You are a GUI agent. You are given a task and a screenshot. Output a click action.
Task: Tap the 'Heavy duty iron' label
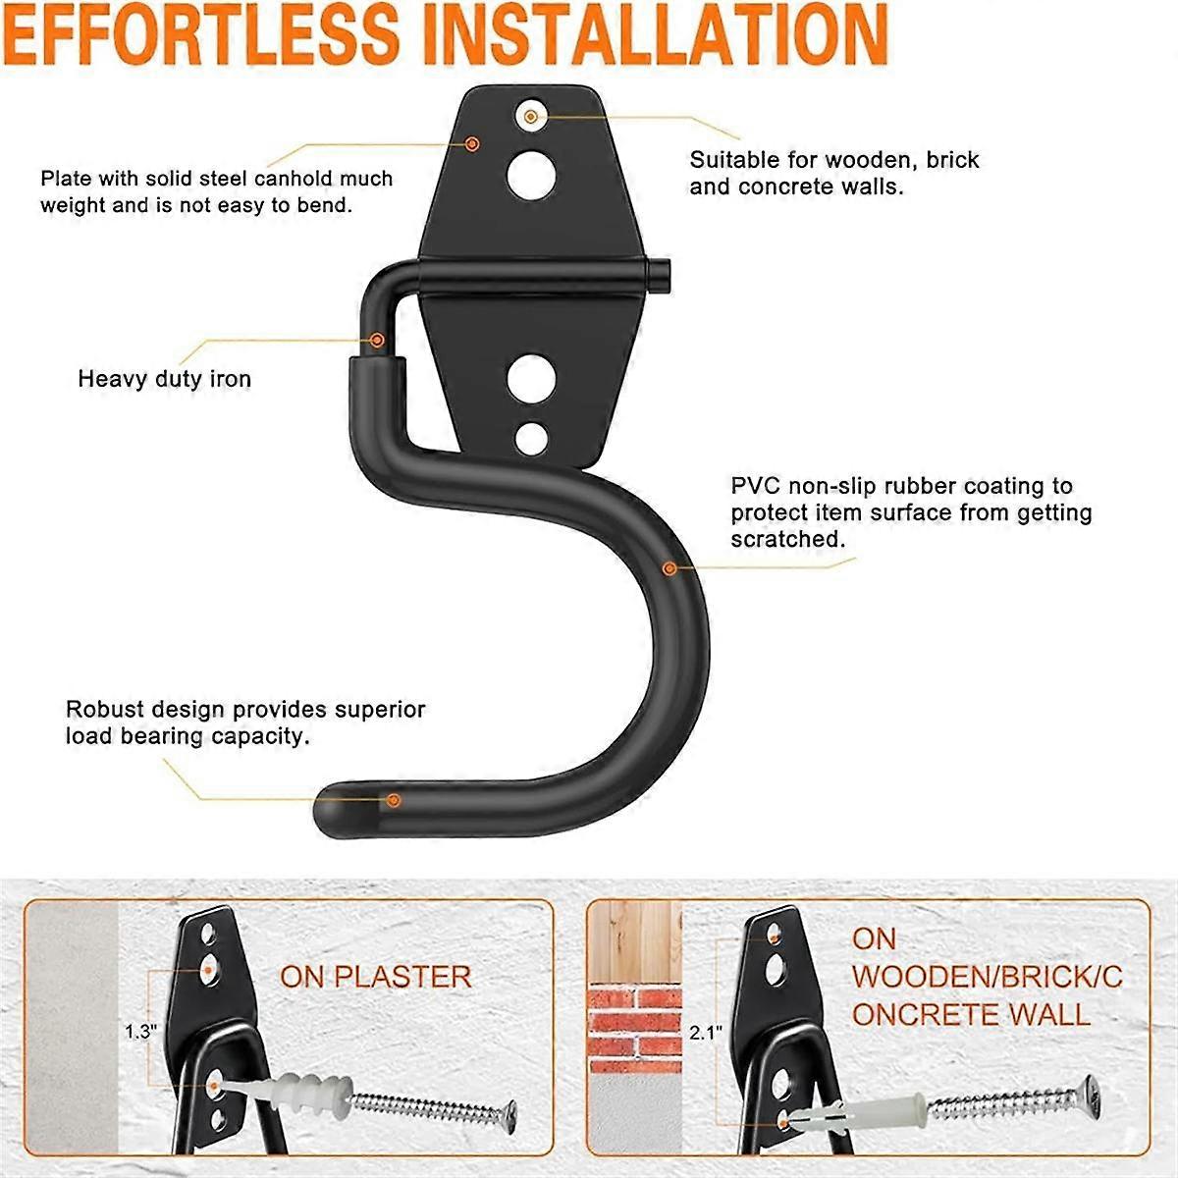(x=165, y=379)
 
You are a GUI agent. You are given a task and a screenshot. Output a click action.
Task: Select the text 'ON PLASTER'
(x=376, y=977)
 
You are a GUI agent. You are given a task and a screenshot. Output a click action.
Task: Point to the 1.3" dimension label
(x=139, y=1032)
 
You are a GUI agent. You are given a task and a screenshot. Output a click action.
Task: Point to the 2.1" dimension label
(x=705, y=1032)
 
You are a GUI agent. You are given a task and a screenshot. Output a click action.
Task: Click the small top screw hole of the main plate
(x=531, y=117)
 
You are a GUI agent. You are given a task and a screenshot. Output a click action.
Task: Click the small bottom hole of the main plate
(x=531, y=437)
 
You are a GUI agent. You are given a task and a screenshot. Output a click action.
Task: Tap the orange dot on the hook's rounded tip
(x=393, y=800)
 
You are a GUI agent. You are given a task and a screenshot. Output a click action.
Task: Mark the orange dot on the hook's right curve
(x=669, y=567)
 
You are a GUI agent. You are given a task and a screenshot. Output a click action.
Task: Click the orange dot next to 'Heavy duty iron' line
(x=377, y=340)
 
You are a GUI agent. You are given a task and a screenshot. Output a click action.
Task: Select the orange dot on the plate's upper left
(x=472, y=143)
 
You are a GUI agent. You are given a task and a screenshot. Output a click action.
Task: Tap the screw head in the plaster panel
(x=509, y=1111)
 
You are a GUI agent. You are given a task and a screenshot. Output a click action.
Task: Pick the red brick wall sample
(x=634, y=1025)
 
